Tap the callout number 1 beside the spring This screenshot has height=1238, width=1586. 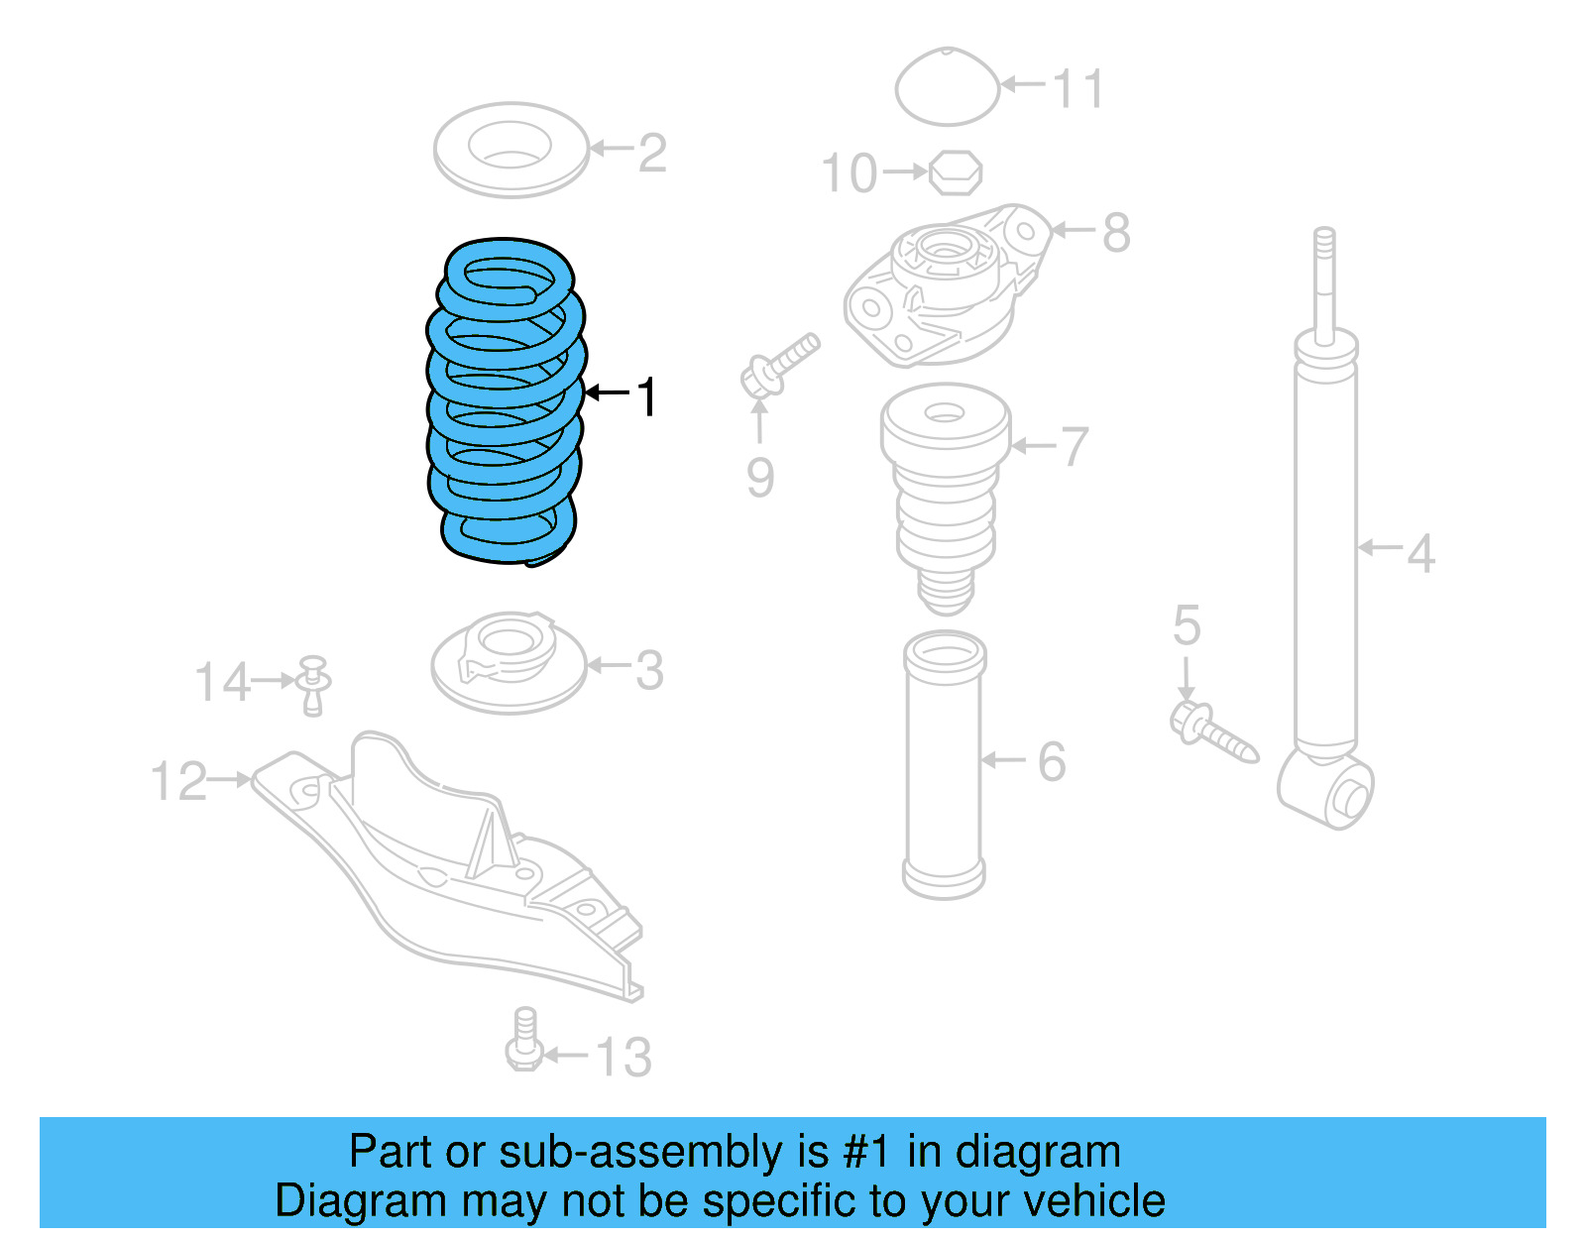click(x=646, y=396)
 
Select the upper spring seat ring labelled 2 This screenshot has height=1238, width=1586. click(x=510, y=149)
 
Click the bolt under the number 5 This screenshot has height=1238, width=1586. click(x=1213, y=732)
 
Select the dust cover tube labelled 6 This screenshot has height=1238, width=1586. click(x=944, y=763)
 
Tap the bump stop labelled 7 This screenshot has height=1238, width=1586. click(x=946, y=496)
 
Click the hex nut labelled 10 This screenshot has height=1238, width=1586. click(x=956, y=172)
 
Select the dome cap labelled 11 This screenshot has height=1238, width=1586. click(x=948, y=87)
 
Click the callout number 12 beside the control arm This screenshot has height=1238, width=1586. click(x=178, y=781)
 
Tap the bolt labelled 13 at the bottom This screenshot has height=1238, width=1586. click(x=524, y=1041)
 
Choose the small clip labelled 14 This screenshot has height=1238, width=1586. click(x=314, y=684)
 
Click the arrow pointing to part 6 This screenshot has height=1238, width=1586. click(x=1003, y=760)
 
